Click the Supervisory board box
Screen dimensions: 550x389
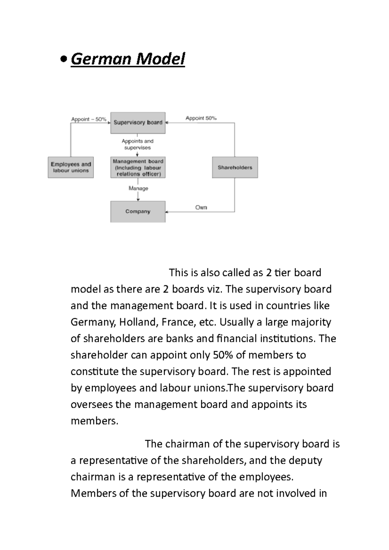tap(138, 123)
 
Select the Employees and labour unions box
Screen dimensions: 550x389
tap(71, 167)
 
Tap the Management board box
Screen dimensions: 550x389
tap(138, 167)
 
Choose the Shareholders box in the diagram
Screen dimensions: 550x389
tap(235, 167)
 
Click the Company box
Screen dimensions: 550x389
tap(138, 212)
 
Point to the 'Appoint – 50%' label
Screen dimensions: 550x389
tap(88, 119)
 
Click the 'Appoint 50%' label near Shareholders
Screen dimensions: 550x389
tap(201, 118)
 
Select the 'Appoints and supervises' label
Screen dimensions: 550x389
tap(137, 144)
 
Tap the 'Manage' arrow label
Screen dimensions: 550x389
tap(138, 188)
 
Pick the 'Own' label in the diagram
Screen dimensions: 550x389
tap(201, 207)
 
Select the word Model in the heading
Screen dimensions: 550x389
tap(160, 59)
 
